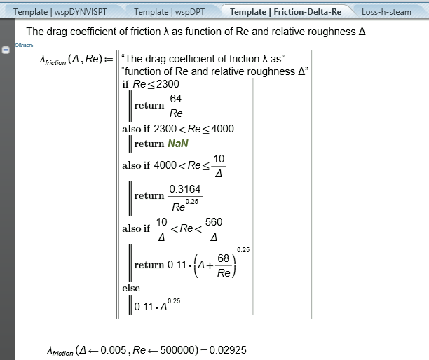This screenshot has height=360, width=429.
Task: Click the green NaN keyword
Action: click(178, 144)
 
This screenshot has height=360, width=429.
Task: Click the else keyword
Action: click(130, 288)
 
